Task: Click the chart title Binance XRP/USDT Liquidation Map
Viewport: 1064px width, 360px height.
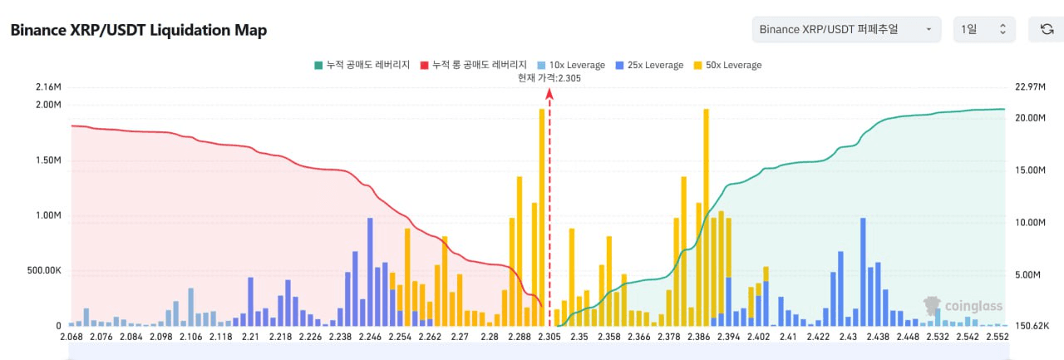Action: click(x=138, y=30)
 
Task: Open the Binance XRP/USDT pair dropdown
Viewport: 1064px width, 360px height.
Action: click(x=845, y=29)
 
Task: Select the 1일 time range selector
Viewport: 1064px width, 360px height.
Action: click(x=983, y=29)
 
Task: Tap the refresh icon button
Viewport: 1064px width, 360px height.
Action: click(x=1047, y=29)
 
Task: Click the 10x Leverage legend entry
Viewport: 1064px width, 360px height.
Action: click(x=571, y=65)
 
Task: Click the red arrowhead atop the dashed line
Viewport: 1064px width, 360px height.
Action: click(x=549, y=94)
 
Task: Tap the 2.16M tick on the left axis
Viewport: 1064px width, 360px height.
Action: click(x=49, y=87)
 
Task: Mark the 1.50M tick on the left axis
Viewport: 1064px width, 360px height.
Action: click(x=49, y=160)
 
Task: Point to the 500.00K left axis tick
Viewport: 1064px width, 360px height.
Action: click(x=43, y=270)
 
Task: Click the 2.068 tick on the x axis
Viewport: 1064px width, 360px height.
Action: click(x=72, y=336)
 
